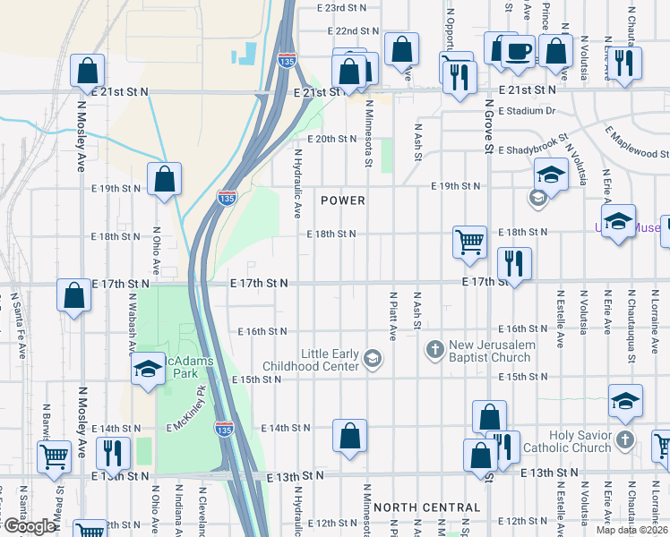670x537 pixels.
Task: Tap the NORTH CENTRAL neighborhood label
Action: coord(414,507)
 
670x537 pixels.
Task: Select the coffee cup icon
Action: coord(517,50)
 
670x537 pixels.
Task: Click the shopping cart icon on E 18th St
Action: coord(469,241)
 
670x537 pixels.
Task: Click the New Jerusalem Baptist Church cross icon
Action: coord(434,348)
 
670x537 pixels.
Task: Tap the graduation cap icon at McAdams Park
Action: coord(148,368)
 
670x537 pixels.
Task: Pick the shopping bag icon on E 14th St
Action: coord(350,436)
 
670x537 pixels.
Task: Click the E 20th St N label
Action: coord(332,139)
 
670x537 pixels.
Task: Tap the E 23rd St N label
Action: coord(342,7)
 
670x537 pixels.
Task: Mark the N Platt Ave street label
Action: coord(392,315)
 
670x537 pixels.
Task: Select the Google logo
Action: coord(29,526)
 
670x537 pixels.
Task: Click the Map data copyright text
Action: coord(632,530)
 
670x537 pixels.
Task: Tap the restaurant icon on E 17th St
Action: coord(514,263)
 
